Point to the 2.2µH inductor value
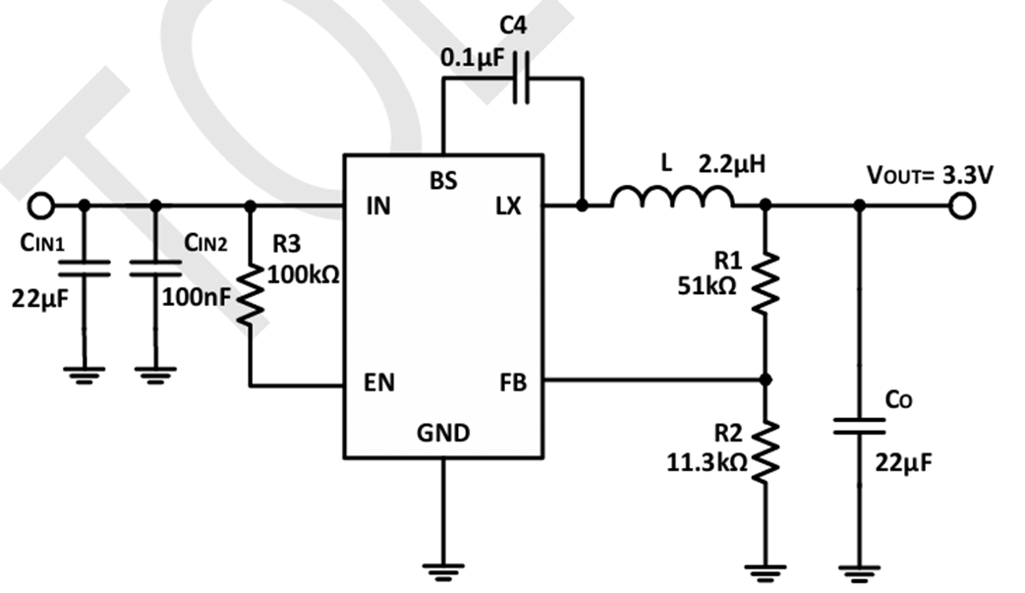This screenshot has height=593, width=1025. [731, 163]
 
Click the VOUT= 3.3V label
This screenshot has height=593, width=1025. [929, 175]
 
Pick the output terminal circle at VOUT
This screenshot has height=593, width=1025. [961, 206]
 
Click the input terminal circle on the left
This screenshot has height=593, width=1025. [40, 206]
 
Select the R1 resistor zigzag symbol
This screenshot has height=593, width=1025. [766, 283]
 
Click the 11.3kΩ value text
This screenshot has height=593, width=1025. [707, 460]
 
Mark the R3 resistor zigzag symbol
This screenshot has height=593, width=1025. [251, 296]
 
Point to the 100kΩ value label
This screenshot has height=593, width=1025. [303, 274]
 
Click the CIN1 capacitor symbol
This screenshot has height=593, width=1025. [85, 267]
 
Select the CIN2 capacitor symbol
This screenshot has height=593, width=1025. [155, 267]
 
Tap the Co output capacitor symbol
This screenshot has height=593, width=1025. [859, 427]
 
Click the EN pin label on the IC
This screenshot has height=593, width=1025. [379, 384]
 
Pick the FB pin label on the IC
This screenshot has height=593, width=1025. [511, 384]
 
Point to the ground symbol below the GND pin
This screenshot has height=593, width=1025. [442, 567]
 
